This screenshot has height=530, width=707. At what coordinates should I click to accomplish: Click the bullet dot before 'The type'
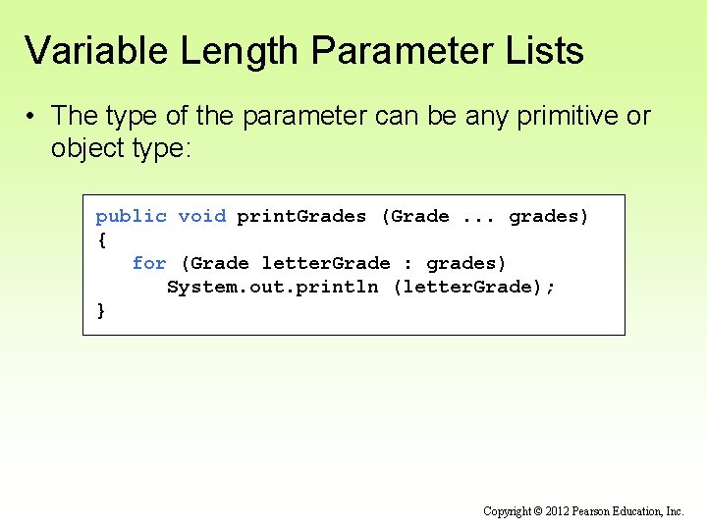[32, 117]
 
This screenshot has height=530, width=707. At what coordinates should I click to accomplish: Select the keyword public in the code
[131, 216]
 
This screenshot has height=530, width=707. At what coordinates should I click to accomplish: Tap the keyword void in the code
[202, 216]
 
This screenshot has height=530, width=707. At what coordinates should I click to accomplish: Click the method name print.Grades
[301, 216]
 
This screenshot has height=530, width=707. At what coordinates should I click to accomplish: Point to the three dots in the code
[479, 217]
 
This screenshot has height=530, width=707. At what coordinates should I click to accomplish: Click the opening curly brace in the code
[101, 239]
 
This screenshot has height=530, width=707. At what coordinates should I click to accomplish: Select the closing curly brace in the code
[101, 310]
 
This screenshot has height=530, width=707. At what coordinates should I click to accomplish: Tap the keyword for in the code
[149, 263]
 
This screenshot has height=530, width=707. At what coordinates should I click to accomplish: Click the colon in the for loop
[408, 264]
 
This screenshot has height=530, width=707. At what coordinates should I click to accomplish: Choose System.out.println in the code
[273, 287]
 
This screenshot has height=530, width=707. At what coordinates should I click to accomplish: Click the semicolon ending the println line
[550, 288]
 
